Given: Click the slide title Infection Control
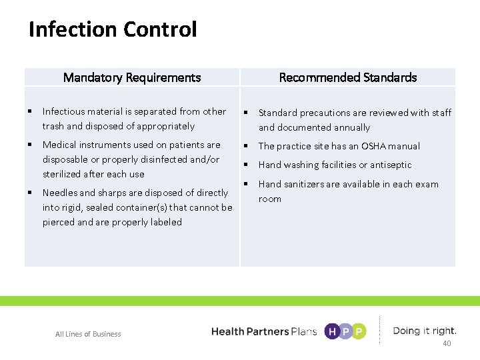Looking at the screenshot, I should (113, 30).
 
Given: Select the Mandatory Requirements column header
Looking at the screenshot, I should (131, 77).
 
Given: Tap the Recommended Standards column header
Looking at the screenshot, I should (347, 77).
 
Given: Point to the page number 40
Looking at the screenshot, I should (447, 343).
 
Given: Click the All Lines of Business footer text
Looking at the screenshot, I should (88, 334).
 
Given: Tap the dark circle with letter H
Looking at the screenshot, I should (331, 331).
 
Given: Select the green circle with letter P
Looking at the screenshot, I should (359, 331).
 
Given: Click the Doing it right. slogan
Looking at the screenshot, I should (425, 331).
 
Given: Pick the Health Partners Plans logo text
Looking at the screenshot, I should (263, 331).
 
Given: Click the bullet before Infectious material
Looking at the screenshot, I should (31, 111).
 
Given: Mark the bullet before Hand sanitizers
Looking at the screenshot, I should (246, 183).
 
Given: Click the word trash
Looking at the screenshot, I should (53, 126).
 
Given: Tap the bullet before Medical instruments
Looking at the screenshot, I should (31, 145).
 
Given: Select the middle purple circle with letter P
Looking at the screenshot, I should (345, 331).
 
